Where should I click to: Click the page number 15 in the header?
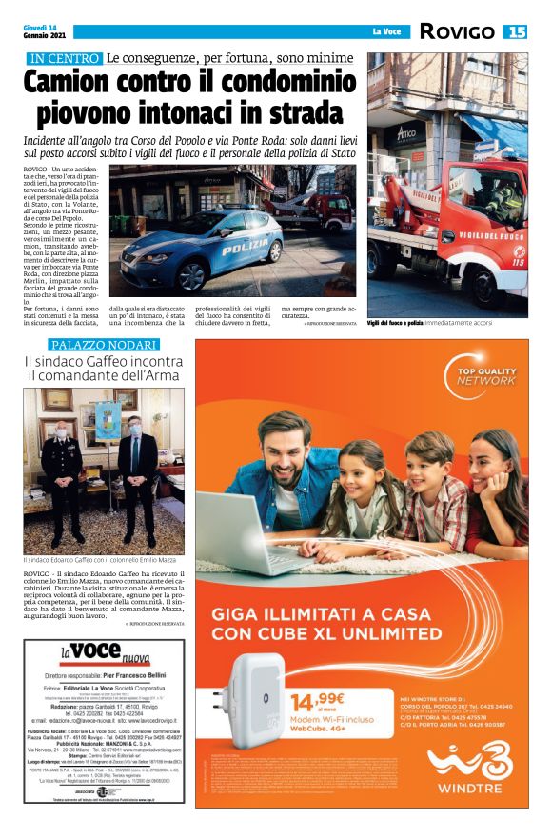point(516,32)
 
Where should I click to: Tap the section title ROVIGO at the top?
point(458,32)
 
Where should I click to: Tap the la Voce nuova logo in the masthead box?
point(105,655)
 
